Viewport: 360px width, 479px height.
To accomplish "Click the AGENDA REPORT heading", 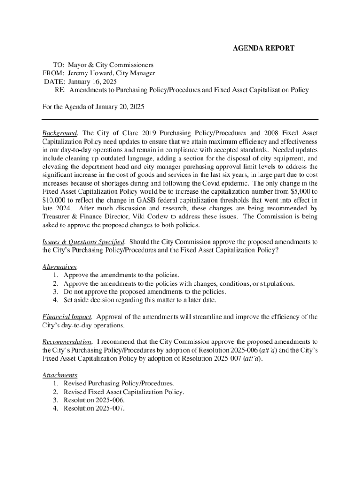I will (264, 48).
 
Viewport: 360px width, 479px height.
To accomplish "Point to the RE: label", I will (60, 90).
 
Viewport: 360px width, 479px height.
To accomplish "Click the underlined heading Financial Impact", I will (67, 317).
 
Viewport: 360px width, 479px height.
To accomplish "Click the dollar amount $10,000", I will (54, 200).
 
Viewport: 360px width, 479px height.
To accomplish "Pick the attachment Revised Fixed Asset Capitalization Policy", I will (124, 392).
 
